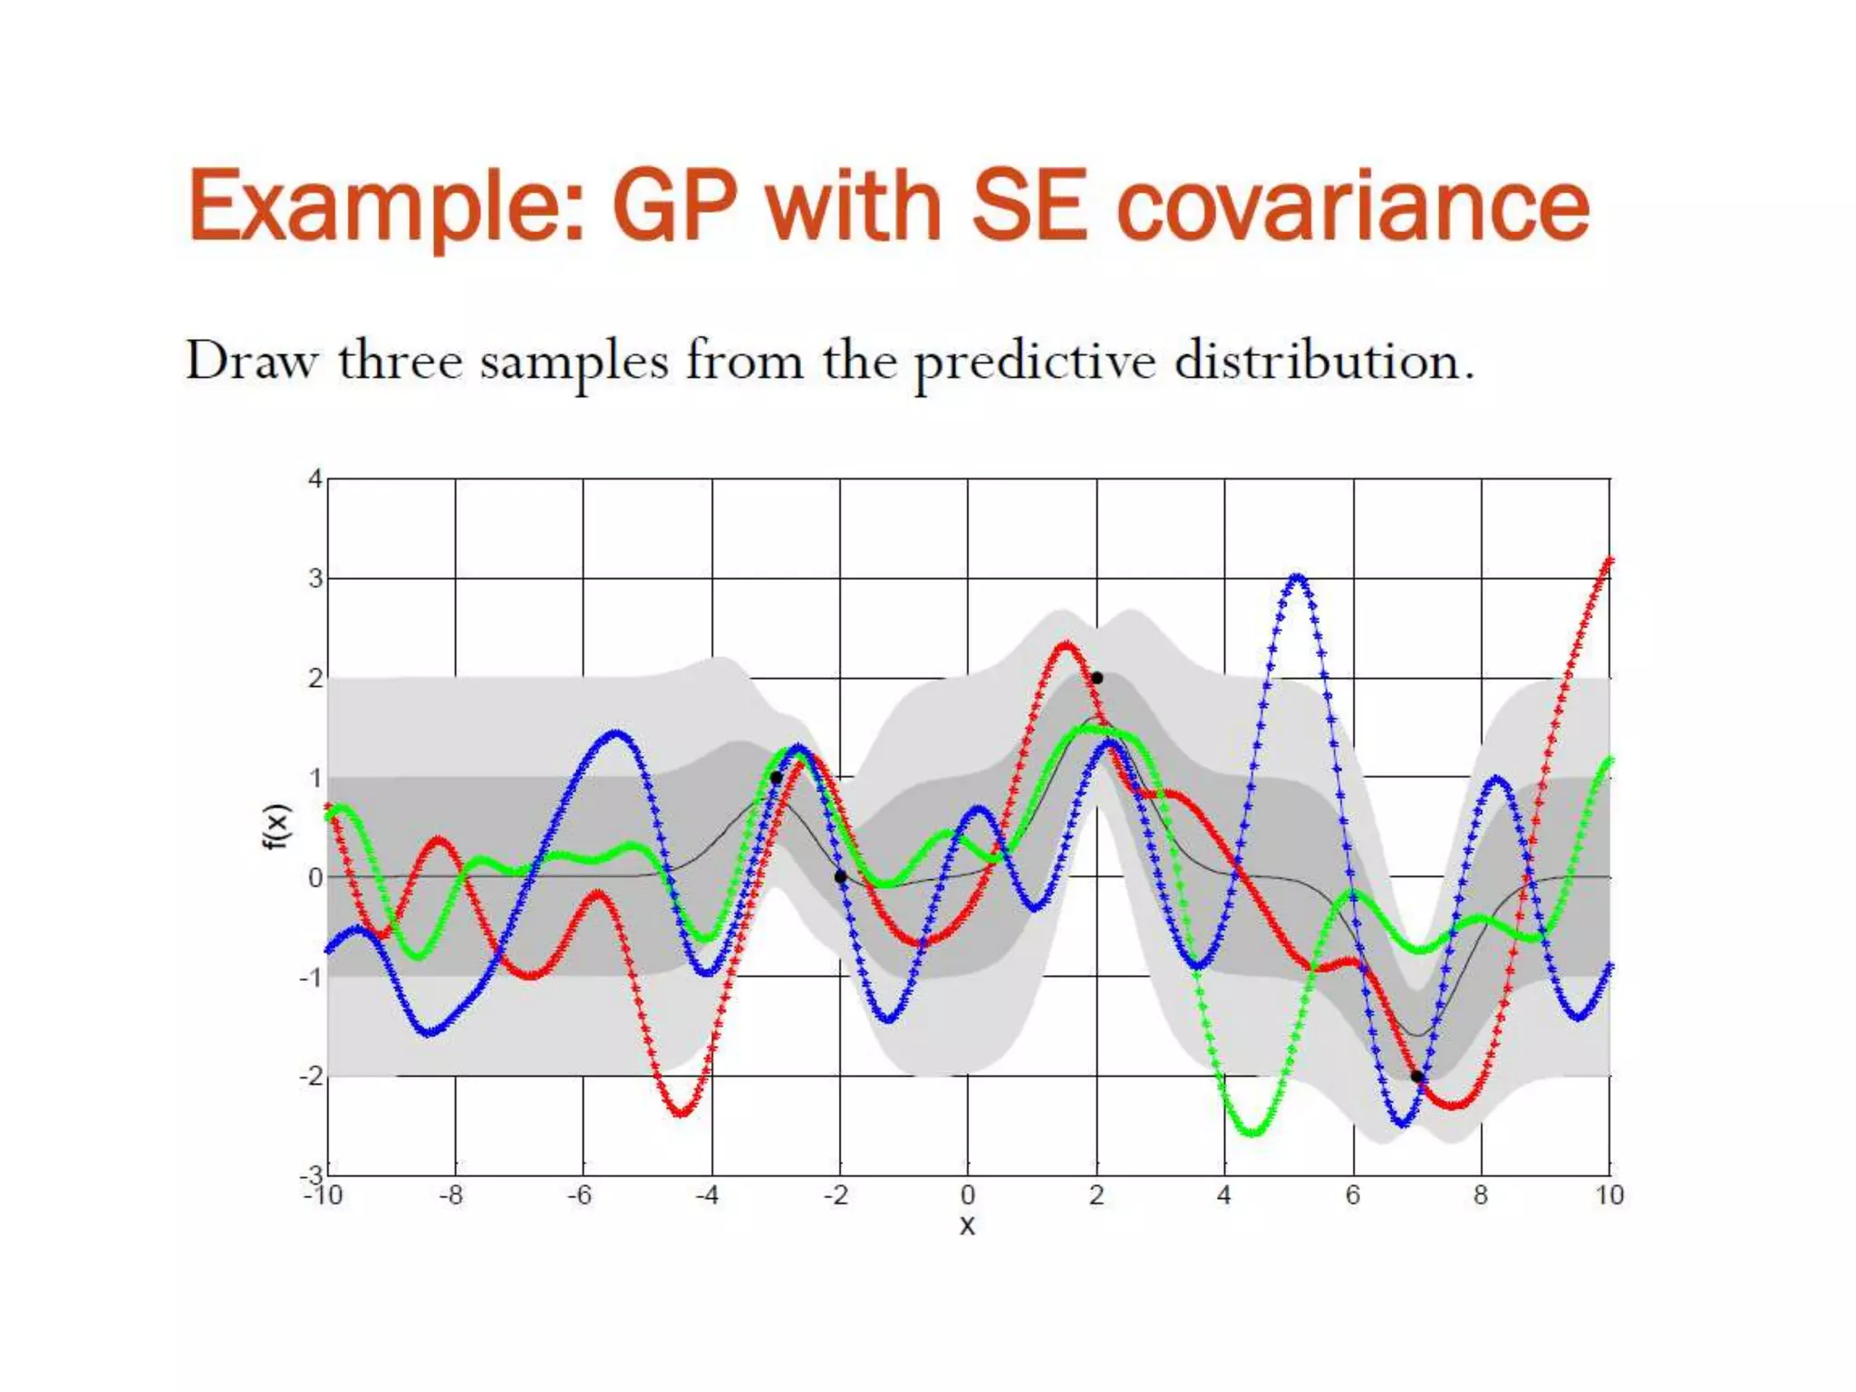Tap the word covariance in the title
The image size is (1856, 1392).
pos(1352,207)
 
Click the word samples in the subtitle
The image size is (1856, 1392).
pos(574,362)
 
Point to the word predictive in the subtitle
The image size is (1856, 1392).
pos(1034,362)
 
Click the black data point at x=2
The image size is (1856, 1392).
pos(1097,678)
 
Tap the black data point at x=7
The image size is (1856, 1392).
pos(1416,1077)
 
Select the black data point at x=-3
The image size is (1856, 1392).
pos(776,778)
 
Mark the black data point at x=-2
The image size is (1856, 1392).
pos(840,876)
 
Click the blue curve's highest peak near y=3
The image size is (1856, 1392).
pos(1298,576)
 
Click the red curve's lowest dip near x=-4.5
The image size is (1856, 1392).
pos(681,1112)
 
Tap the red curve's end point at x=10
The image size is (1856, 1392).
pos(1609,559)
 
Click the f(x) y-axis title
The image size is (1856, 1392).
pos(276,826)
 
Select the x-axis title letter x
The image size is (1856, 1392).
pos(967,1226)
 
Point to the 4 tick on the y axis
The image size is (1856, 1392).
pos(314,478)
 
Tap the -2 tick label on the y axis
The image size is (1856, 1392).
pos(311,1077)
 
